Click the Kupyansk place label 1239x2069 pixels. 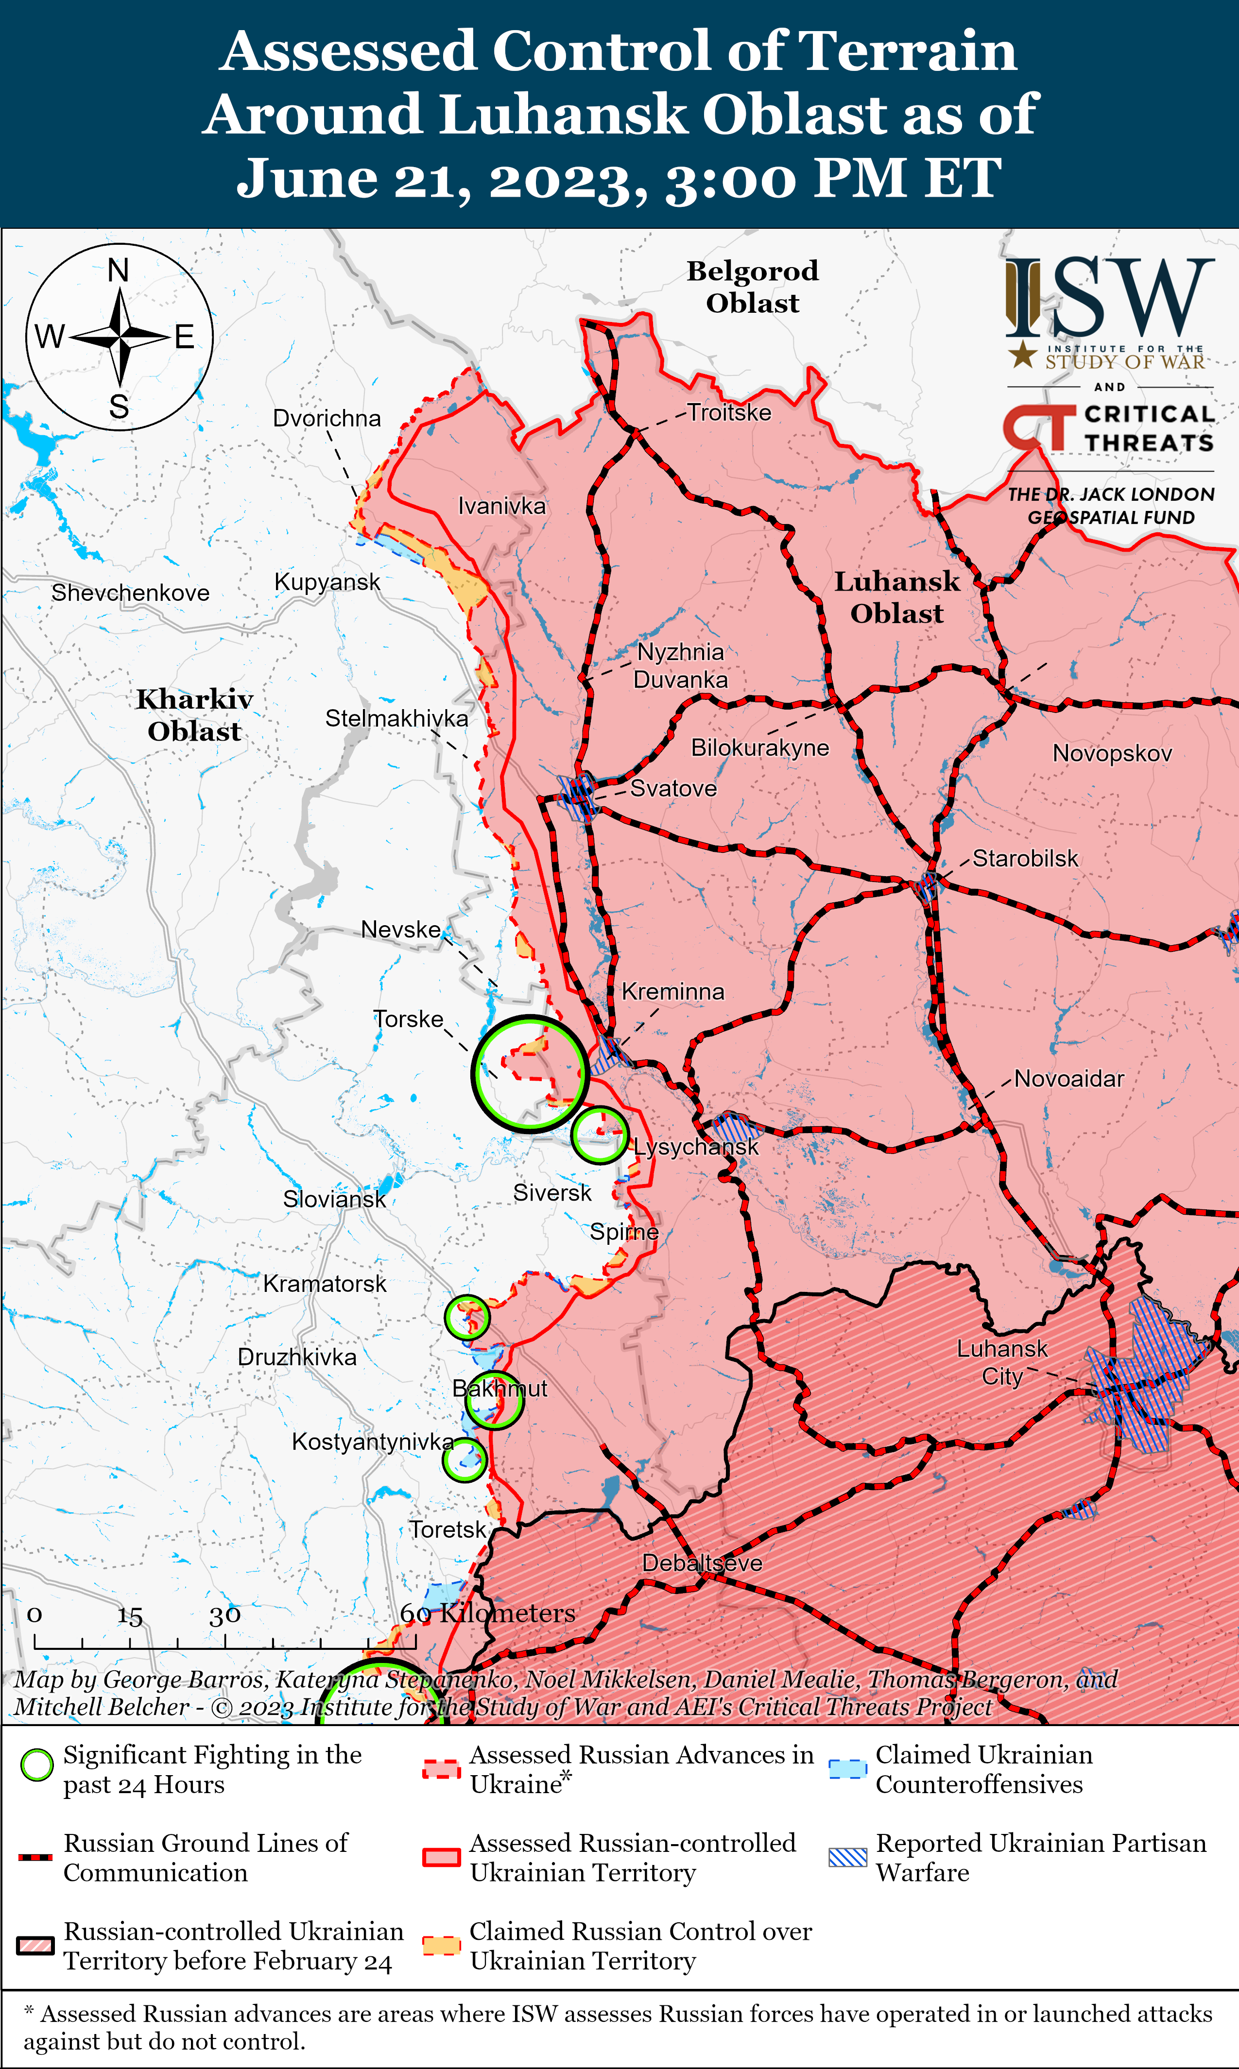point(327,582)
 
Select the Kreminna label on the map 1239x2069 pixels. point(673,992)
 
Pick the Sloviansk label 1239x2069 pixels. point(334,1199)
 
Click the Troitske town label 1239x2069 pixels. point(729,412)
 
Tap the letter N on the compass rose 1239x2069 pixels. point(119,271)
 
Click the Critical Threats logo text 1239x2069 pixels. point(1148,428)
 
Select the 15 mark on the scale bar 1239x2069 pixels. point(129,1616)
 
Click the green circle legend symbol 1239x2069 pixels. point(37,1764)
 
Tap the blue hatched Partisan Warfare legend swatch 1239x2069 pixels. point(847,1857)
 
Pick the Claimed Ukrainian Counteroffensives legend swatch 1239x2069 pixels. point(847,1769)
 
